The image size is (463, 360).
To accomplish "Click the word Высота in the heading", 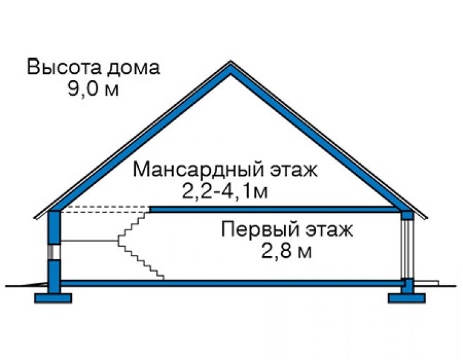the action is click(x=64, y=67).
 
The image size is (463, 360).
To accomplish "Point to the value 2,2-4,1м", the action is click(x=225, y=191).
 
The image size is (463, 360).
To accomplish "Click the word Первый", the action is click(x=261, y=229).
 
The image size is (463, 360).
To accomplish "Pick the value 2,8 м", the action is click(x=286, y=251).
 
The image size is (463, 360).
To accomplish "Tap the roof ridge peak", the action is click(x=231, y=62).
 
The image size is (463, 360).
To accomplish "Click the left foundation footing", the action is click(x=53, y=298).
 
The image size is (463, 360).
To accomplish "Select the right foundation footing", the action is click(x=407, y=298).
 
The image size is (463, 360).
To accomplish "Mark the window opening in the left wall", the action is click(x=54, y=252).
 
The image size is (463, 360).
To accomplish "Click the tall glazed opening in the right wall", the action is click(x=407, y=249).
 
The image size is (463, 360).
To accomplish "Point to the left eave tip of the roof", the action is click(x=35, y=218).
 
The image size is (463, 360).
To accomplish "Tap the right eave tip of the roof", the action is click(x=426, y=218).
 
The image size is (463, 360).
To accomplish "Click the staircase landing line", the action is click(x=89, y=241).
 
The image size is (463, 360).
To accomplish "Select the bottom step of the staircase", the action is click(x=160, y=277).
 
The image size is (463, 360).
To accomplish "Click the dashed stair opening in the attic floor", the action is click(x=105, y=209).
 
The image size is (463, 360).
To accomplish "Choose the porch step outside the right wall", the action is click(x=426, y=283).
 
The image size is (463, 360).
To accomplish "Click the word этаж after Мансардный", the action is click(x=294, y=170).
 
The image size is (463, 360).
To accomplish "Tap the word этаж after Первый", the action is click(x=329, y=230).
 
